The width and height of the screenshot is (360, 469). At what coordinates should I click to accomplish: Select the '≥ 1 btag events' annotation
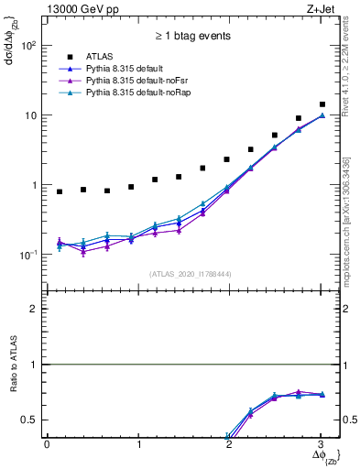click(192, 37)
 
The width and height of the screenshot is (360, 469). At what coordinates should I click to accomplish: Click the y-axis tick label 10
click(33, 115)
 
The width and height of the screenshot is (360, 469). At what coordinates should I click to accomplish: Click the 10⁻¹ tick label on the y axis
click(30, 255)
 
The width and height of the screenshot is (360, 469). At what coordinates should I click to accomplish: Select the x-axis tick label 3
click(322, 444)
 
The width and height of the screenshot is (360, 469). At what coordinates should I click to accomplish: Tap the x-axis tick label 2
click(230, 444)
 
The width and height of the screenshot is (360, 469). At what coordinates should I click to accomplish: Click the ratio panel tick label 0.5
click(32, 420)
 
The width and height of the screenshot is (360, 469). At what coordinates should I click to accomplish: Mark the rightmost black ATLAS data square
click(322, 104)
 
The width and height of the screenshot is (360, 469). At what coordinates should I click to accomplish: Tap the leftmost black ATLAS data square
click(60, 191)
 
